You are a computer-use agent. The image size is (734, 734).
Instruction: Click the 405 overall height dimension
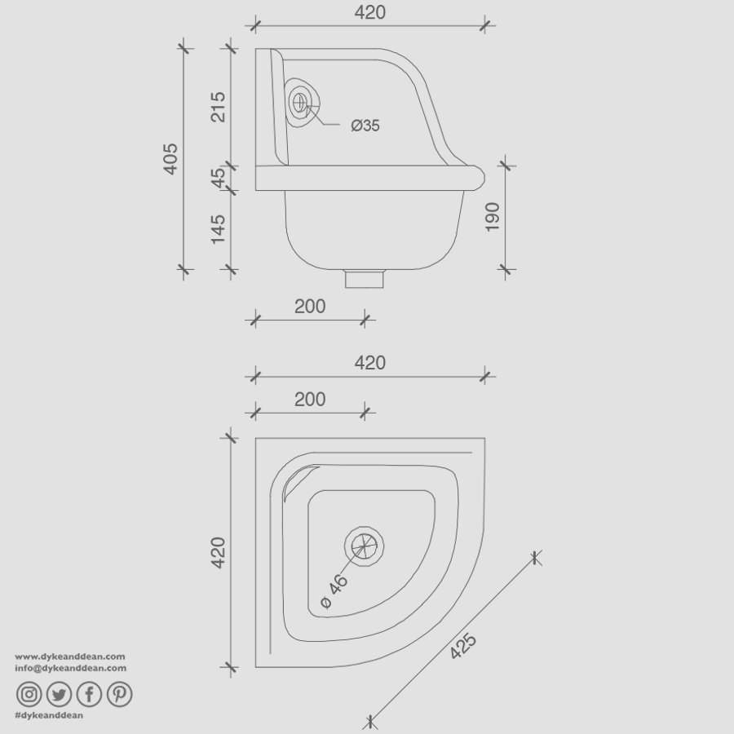(x=170, y=158)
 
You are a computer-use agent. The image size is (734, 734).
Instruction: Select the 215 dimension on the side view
(x=219, y=107)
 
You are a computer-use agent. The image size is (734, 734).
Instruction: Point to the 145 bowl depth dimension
(x=219, y=229)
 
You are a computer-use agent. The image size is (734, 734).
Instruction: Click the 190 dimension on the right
(x=492, y=217)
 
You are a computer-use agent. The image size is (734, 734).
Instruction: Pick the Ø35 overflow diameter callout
(x=365, y=126)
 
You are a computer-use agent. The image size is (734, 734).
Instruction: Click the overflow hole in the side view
(x=301, y=103)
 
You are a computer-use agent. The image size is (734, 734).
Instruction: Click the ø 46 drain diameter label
(x=335, y=590)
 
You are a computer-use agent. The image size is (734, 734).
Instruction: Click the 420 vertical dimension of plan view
(x=219, y=552)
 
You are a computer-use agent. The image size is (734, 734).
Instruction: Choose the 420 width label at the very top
(x=369, y=12)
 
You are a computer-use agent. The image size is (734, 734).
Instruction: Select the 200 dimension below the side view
(x=310, y=306)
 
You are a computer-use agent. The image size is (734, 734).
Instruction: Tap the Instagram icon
(x=29, y=694)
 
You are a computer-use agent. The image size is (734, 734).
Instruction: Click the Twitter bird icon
(x=59, y=694)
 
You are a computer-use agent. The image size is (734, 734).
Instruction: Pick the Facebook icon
(x=89, y=694)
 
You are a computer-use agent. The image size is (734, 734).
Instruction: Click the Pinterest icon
(x=119, y=694)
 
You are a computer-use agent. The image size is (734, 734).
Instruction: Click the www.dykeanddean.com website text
(x=69, y=656)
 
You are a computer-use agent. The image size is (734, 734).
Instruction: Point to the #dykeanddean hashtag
(x=49, y=714)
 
